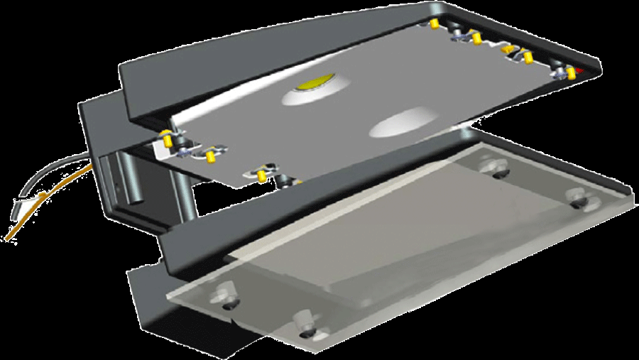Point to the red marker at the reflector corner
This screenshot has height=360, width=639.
click(581, 72)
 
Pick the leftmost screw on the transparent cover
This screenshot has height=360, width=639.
click(227, 293)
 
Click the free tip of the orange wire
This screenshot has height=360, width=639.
click(7, 238)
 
